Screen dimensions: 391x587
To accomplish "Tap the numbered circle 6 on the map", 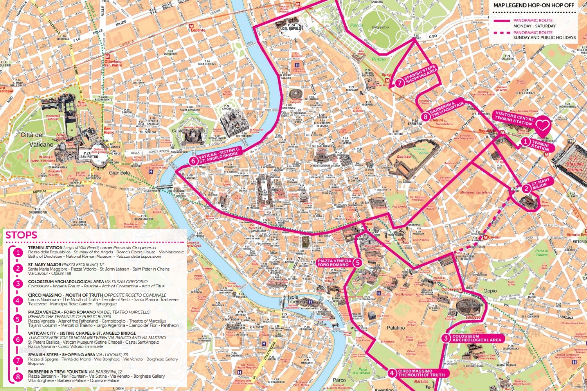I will click(193, 161).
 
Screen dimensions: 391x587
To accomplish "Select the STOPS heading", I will click(21, 235).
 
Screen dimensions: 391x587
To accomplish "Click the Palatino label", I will click(396, 328).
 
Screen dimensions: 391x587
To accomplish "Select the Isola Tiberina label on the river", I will click(296, 299).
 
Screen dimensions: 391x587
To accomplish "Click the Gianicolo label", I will click(119, 173).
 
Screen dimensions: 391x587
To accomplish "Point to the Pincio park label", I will click(378, 59).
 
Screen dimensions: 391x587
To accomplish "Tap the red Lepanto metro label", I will click(198, 30).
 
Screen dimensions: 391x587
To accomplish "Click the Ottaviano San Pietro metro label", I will click(113, 63).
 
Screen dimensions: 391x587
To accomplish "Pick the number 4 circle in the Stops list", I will click(18, 300).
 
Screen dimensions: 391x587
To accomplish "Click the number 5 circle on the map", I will click(357, 262).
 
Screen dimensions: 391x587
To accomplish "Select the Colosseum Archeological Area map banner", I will click(476, 338).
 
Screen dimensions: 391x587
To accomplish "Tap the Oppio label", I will click(490, 291).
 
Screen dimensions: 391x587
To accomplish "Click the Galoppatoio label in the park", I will click(380, 27).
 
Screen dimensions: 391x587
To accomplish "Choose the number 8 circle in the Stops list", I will click(18, 377).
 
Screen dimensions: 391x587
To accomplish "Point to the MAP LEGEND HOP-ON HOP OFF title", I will click(533, 5).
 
